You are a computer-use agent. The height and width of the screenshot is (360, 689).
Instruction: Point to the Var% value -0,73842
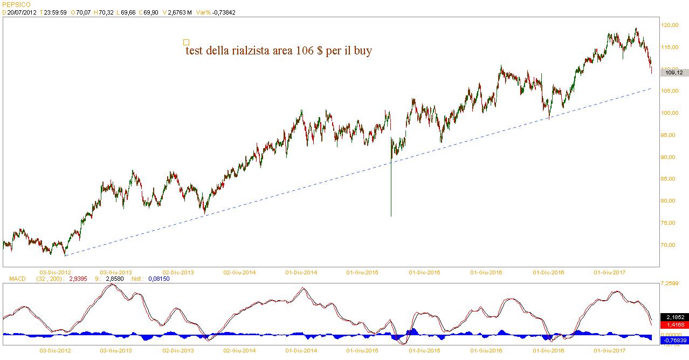coord(224,12)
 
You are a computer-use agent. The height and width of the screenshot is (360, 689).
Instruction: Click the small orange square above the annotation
coord(187,42)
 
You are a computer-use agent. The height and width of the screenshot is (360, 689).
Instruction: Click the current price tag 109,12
coord(674,72)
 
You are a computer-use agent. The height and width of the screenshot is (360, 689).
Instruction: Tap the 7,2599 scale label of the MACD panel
coord(672,283)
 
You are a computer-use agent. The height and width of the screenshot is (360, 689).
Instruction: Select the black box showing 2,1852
coord(674,317)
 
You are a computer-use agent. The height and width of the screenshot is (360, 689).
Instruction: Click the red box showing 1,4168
coord(674,325)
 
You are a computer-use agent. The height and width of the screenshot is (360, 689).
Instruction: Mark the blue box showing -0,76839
coord(674,340)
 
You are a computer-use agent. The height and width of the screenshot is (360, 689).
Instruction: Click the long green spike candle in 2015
coord(390,183)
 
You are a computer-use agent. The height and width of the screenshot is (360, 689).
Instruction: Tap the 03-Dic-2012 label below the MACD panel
coord(56,350)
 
